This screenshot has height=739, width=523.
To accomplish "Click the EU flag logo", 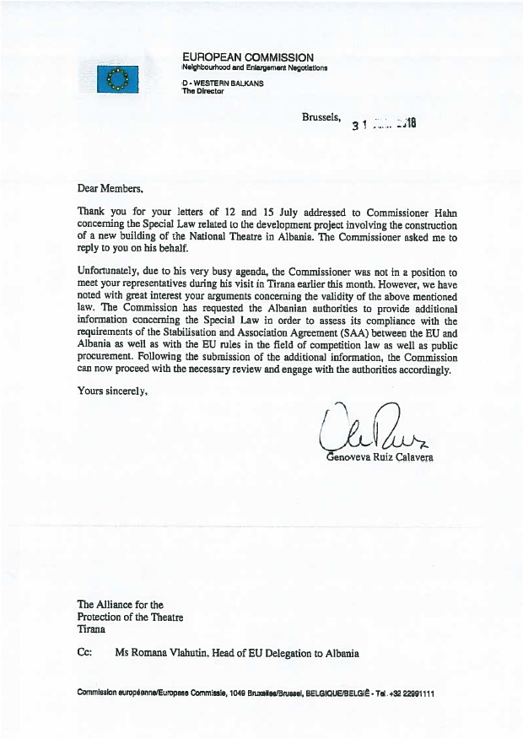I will (x=117, y=79).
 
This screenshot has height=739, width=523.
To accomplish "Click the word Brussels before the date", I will (x=321, y=118).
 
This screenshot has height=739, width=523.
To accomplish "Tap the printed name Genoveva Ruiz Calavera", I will (x=383, y=458).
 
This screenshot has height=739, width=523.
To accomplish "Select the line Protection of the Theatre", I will (x=131, y=617).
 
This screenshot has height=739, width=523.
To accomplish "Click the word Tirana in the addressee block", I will (x=92, y=629).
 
